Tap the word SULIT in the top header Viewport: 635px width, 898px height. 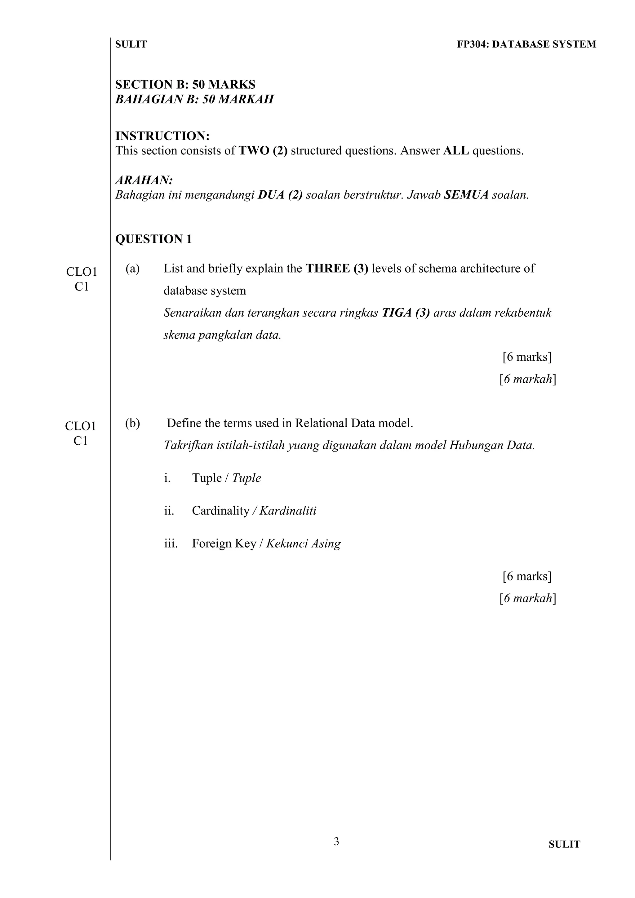click(131, 44)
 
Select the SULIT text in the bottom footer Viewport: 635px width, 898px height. click(564, 844)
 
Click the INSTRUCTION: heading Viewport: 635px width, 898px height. click(162, 136)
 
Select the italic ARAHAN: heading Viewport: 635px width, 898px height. click(144, 180)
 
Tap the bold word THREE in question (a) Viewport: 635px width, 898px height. click(328, 269)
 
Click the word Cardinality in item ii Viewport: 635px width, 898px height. click(220, 511)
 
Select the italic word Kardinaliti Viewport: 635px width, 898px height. click(288, 511)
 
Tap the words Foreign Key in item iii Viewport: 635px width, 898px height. click(224, 544)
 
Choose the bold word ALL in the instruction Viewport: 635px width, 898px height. click(456, 151)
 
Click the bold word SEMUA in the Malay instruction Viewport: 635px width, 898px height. click(466, 195)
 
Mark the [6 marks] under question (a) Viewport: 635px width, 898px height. click(527, 357)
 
